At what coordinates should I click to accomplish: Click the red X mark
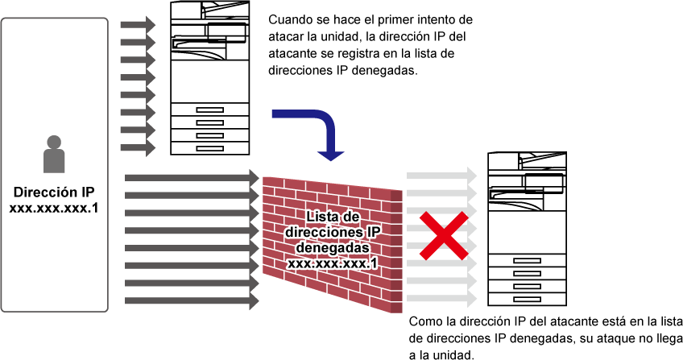[x=443, y=236]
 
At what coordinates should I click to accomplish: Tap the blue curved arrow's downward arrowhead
[x=330, y=154]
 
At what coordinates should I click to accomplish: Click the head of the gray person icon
[x=54, y=142]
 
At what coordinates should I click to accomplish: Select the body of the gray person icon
[x=54, y=161]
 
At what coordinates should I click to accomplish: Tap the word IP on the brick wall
[x=370, y=233]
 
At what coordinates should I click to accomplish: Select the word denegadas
[x=333, y=248]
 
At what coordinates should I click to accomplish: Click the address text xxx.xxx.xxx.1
[x=333, y=263]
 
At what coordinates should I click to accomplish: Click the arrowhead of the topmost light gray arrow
[x=472, y=176]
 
